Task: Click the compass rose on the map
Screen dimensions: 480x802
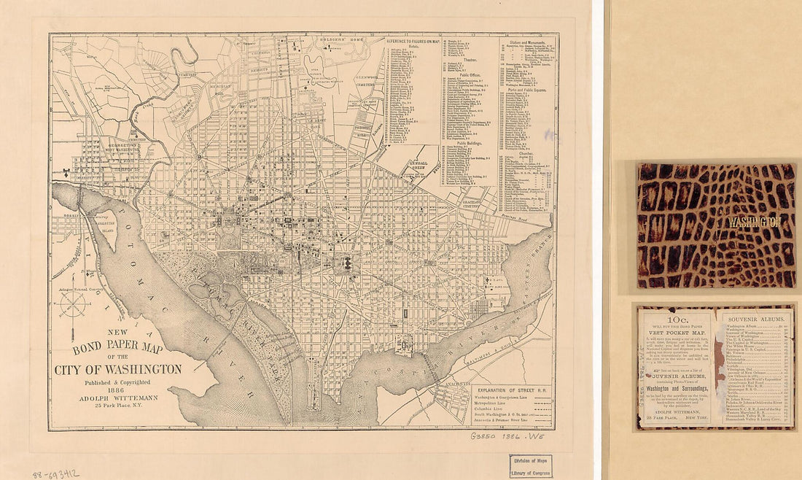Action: (x=74, y=304)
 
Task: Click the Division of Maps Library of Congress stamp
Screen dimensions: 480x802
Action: (x=530, y=465)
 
